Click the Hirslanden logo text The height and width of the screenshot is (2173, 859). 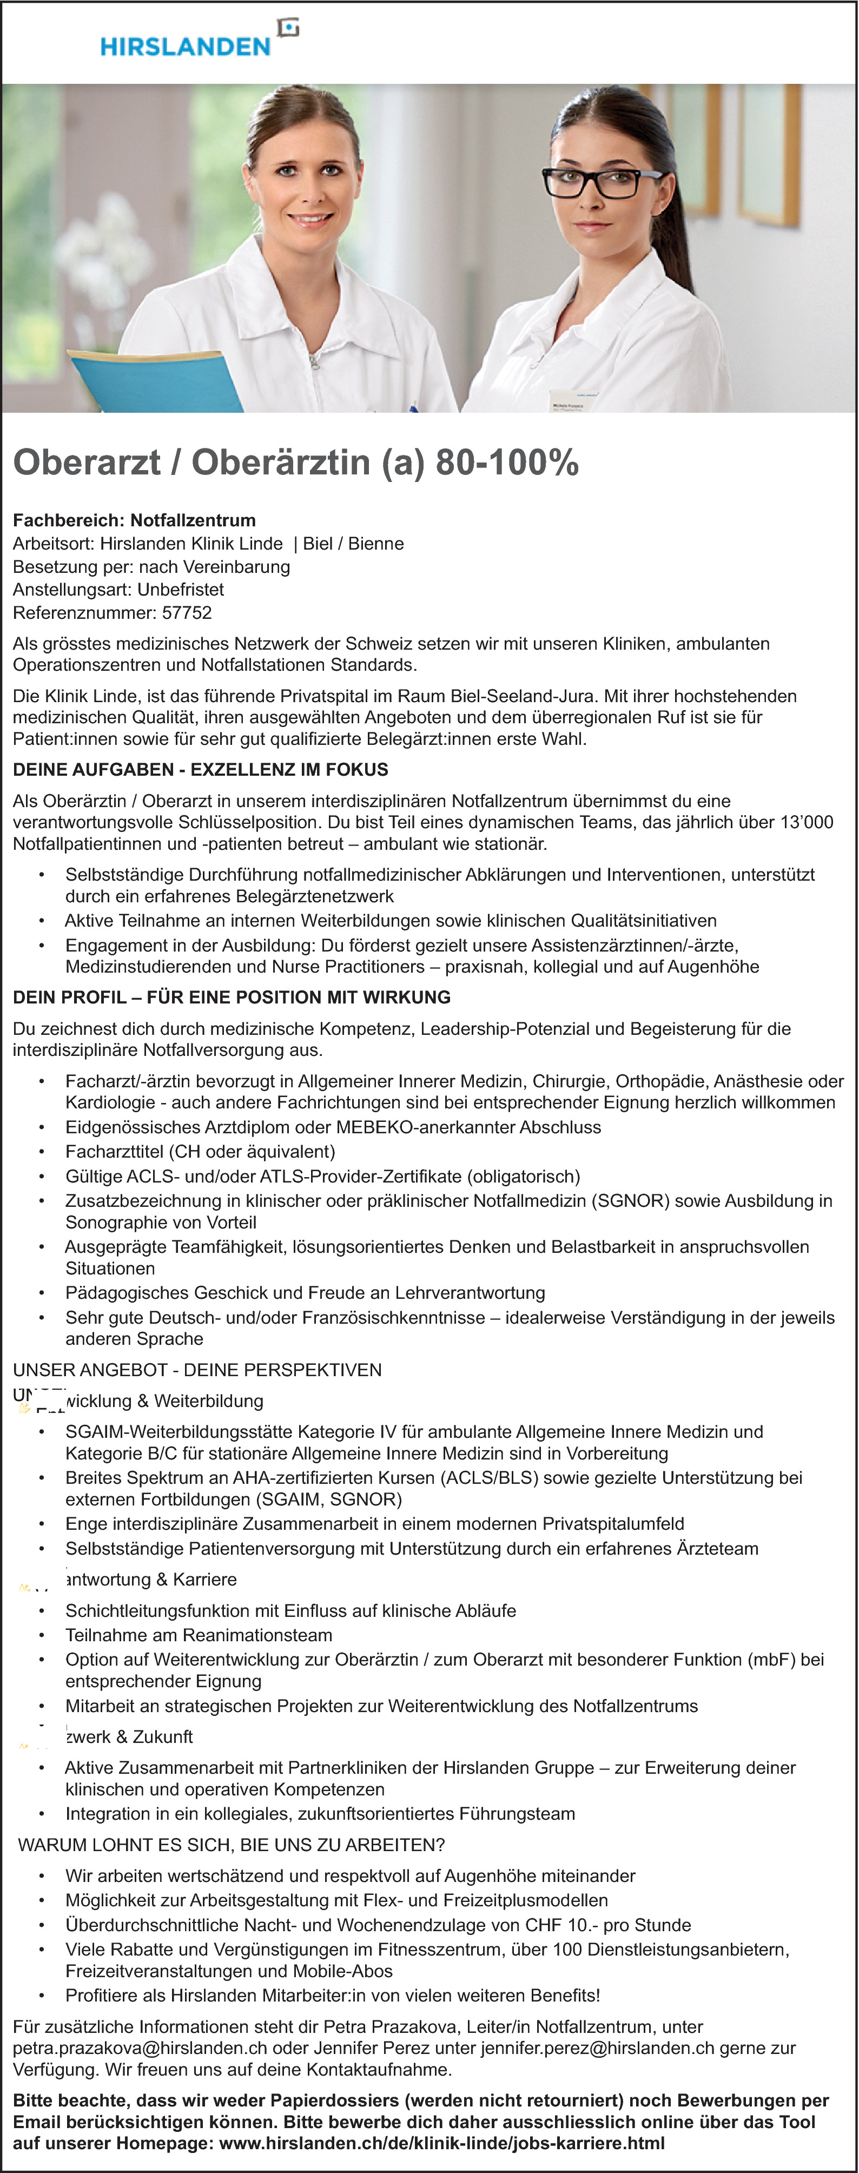(x=185, y=47)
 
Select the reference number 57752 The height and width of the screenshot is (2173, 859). (x=187, y=613)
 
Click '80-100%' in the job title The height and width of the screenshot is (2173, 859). (x=506, y=463)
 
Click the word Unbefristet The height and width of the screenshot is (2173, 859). (x=181, y=590)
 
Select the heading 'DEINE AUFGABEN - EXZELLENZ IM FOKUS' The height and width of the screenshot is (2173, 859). (x=201, y=769)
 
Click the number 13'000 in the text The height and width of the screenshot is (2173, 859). (x=808, y=822)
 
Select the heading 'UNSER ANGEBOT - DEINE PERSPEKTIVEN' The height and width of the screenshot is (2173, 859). (x=197, y=1370)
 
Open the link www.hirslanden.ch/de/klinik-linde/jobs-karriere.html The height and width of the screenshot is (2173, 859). (x=442, y=2143)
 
